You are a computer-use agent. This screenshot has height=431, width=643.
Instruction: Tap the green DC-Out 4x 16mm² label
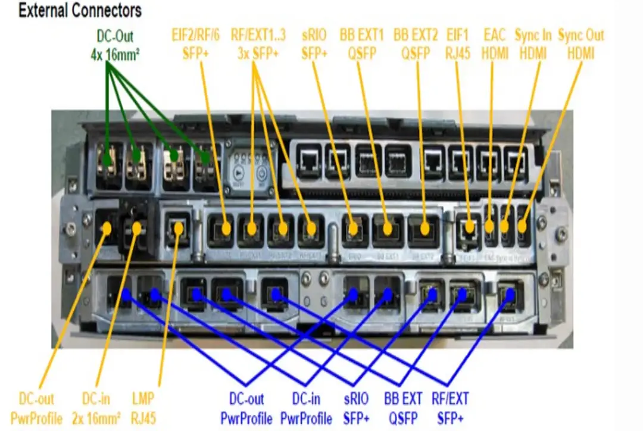[119, 44]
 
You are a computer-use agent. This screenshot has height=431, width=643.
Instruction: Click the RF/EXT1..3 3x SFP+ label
[258, 44]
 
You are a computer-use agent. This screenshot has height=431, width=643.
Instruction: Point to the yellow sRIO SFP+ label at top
[314, 44]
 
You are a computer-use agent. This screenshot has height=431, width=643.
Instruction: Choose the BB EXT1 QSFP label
[362, 44]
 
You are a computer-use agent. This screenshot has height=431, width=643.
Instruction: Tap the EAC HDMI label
[496, 44]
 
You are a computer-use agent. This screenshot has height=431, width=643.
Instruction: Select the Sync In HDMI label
[534, 44]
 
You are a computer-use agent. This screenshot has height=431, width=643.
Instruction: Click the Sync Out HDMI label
[582, 44]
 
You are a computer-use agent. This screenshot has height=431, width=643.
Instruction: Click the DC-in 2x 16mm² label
[101, 408]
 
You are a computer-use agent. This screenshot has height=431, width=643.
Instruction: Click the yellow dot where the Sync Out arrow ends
[522, 227]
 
